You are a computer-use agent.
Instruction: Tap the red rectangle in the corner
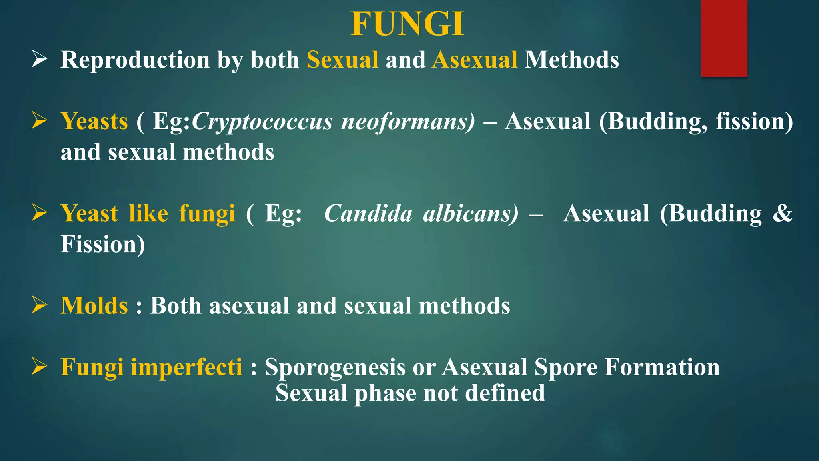pos(724,38)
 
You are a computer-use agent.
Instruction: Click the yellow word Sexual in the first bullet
pos(342,60)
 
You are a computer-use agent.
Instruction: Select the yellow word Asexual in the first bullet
pos(475,60)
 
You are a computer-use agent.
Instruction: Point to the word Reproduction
pos(135,60)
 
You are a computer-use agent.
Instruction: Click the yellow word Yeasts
pos(94,121)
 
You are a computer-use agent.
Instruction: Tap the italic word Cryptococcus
pos(262,121)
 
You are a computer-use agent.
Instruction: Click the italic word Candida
pos(368,213)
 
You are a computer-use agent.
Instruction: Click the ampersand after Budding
pos(782,213)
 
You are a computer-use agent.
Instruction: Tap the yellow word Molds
pos(94,306)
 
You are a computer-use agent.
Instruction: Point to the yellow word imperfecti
pos(186,367)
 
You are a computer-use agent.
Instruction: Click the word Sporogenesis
pos(335,367)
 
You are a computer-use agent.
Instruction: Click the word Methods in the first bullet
pos(572,60)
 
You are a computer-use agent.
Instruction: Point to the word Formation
pos(662,367)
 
